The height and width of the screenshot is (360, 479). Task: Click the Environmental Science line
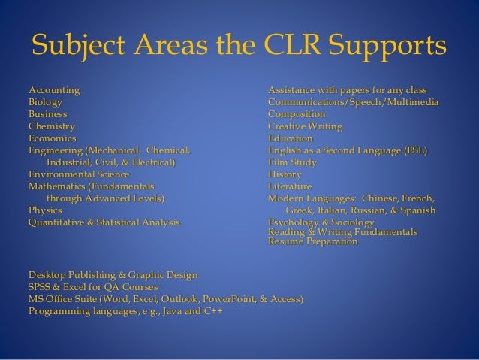[77, 174]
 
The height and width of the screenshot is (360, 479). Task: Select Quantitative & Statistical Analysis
[104, 222]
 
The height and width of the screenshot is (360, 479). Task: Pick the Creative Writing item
[305, 126]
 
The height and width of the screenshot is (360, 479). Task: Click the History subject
[285, 174]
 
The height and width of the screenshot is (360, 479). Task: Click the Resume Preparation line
[313, 243]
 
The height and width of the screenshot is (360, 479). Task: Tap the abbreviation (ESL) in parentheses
[414, 150]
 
